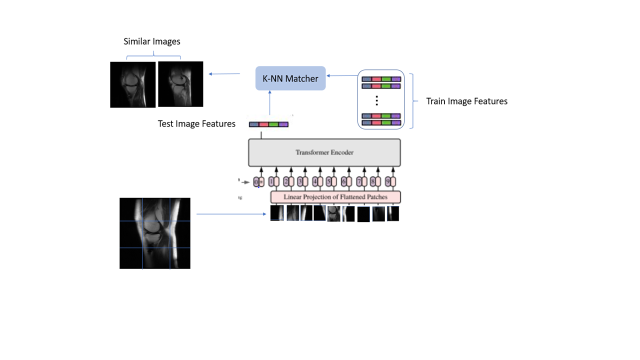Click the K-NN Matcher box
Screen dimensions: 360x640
pos(290,78)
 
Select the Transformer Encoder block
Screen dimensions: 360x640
pos(324,152)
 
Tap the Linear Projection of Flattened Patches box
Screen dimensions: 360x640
pos(335,197)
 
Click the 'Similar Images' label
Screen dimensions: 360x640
pos(152,41)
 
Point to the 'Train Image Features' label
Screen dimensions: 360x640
pos(466,101)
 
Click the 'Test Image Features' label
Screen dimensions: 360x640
pos(196,124)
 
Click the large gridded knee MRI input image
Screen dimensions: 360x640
pos(155,233)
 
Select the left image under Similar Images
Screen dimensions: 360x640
pos(132,84)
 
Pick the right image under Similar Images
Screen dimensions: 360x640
pos(180,84)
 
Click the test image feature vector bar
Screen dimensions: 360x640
pos(269,124)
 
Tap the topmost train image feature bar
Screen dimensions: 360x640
pos(381,79)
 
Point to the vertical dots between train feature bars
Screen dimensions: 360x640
pos(376,101)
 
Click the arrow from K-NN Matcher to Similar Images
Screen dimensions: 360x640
pos(224,74)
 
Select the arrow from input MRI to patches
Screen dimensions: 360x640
pos(231,214)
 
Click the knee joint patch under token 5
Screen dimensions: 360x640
pos(333,214)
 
